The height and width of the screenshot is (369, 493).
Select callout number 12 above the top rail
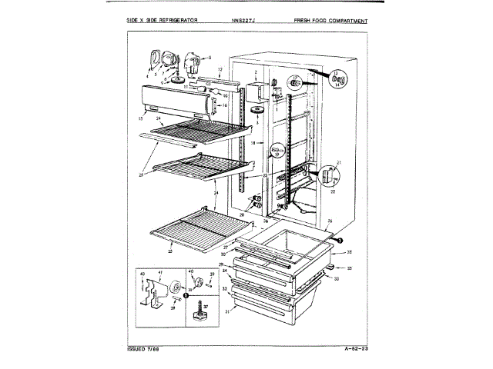click(219, 71)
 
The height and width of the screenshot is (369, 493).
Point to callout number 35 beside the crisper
click(349, 268)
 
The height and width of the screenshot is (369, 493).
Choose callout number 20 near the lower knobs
click(241, 214)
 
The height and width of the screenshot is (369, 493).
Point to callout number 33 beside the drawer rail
click(337, 278)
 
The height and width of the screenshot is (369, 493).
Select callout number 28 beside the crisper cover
click(349, 252)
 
